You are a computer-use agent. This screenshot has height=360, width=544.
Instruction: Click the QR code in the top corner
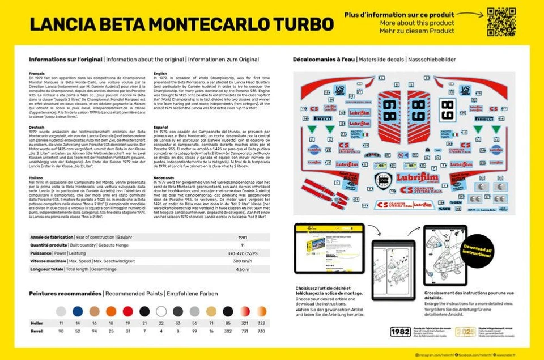[x=501, y=22]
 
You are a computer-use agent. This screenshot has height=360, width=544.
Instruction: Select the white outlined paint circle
[x=161, y=311]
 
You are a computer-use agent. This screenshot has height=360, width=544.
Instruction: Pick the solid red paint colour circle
[x=128, y=311]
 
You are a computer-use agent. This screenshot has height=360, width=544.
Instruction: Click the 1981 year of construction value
[x=243, y=238]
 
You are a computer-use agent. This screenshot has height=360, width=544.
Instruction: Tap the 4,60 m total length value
[x=243, y=269]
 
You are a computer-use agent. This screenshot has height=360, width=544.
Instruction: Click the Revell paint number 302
[x=228, y=331]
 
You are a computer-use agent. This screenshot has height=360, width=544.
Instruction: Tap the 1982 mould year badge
[x=401, y=332]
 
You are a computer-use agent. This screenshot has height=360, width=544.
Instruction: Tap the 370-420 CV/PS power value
[x=243, y=253]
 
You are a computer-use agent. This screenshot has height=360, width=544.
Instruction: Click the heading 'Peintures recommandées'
[x=65, y=293]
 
